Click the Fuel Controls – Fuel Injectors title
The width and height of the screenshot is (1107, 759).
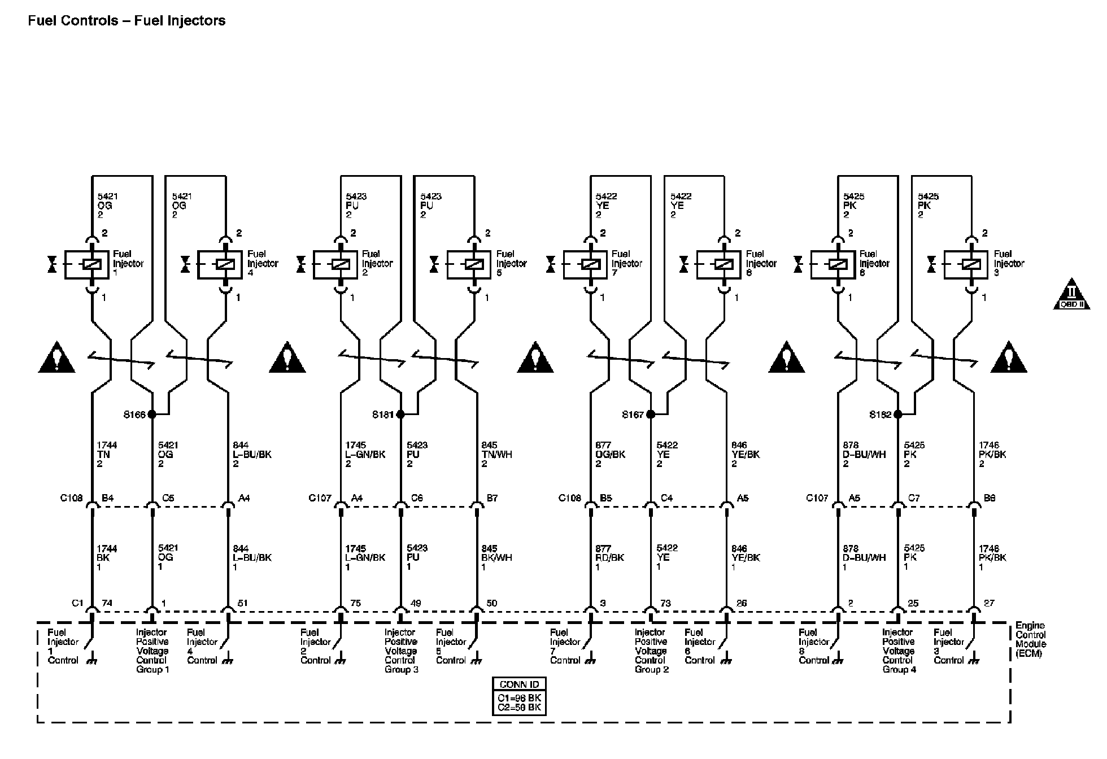(127, 21)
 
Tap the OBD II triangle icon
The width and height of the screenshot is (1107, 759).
(1071, 295)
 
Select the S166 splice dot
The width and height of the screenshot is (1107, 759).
(151, 415)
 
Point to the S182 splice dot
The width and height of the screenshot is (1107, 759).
(898, 415)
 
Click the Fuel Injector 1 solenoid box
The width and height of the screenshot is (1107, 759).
(87, 264)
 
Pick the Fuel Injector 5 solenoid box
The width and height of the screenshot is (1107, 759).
(469, 264)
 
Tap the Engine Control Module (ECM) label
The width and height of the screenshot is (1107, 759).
(1031, 639)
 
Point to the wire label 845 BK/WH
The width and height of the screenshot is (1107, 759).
(496, 557)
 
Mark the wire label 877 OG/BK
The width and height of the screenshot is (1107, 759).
(610, 455)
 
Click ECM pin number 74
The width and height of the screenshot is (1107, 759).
(107, 603)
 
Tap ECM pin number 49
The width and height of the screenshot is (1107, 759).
(415, 603)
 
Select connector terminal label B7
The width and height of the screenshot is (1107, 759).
(493, 498)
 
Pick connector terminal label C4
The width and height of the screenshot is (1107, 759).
(666, 498)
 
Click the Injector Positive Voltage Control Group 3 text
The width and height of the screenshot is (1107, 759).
(401, 651)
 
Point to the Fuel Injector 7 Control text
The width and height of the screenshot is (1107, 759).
(565, 646)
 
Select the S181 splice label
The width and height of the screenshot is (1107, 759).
(382, 415)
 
